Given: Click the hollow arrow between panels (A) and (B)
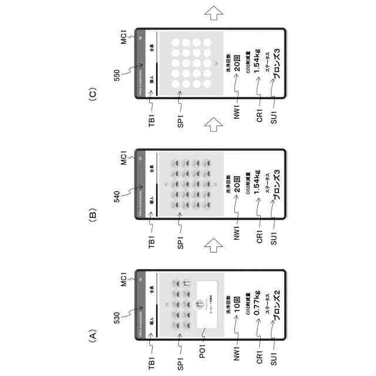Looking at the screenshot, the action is [x=213, y=245].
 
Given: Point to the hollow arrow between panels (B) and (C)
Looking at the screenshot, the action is [x=213, y=125].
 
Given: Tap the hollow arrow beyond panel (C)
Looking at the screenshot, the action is [x=213, y=11].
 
